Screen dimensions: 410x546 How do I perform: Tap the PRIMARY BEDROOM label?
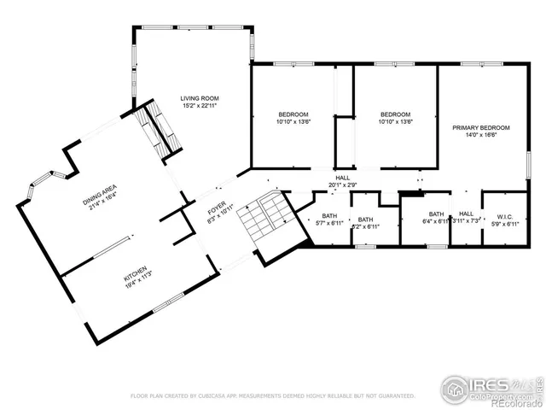481,127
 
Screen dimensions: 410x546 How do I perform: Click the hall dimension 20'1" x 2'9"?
342,184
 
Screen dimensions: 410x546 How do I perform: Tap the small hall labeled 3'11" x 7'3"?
466,221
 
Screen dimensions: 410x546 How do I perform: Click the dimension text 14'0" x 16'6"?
481,135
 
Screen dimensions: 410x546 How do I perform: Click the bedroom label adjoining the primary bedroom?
396,114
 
